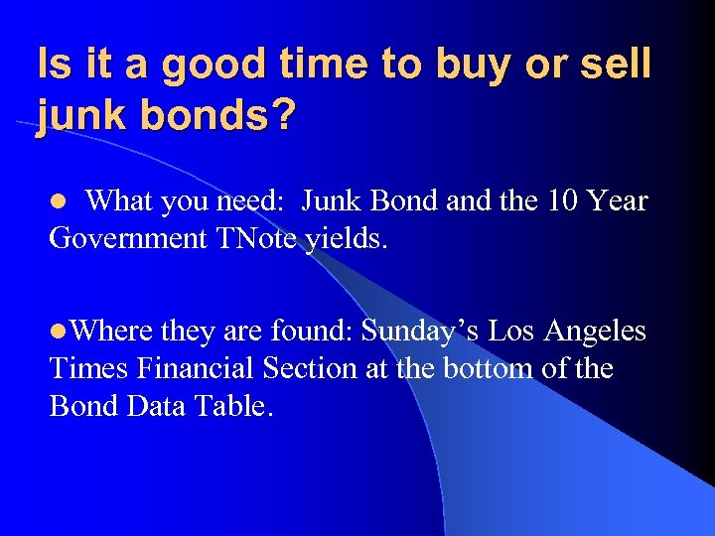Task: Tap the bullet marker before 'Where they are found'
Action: click(x=58, y=331)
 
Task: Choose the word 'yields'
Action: click(x=340, y=238)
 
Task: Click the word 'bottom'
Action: click(x=496, y=368)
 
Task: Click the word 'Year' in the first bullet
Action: click(x=618, y=201)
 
